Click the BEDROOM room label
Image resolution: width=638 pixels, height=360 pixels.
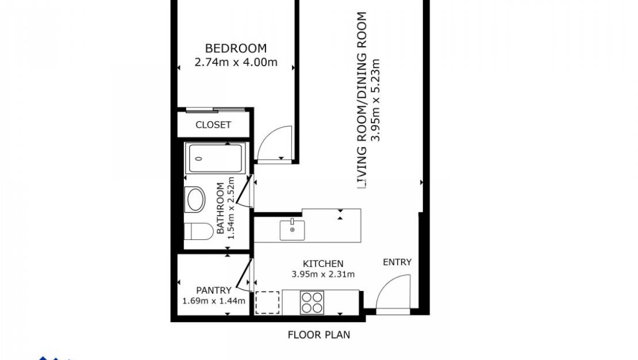click(x=236, y=48)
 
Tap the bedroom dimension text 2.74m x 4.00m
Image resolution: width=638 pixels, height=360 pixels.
click(x=236, y=63)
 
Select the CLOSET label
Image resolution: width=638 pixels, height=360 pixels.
click(x=213, y=125)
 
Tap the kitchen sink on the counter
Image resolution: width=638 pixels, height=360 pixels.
click(x=293, y=230)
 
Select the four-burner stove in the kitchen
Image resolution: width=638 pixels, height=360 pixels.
click(x=312, y=302)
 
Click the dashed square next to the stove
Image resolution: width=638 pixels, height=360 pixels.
click(x=267, y=302)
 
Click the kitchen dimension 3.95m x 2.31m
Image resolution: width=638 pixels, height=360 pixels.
click(x=323, y=274)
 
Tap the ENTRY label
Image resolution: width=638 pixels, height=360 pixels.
click(x=397, y=262)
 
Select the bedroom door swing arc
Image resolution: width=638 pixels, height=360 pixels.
click(x=274, y=144)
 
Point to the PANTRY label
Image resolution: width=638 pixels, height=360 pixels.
click(x=213, y=290)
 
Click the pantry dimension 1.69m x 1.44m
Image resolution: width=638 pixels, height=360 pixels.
click(x=213, y=301)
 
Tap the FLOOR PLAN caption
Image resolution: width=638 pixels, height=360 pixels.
click(x=318, y=335)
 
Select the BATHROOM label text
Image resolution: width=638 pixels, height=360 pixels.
click(x=220, y=208)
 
